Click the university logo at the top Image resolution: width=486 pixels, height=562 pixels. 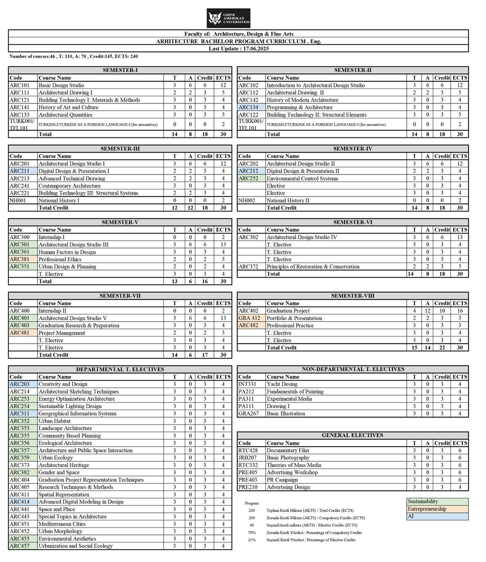228,18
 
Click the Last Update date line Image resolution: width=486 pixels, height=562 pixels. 238,48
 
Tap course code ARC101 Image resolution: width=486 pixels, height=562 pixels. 20,85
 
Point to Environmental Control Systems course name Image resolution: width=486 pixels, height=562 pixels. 302,179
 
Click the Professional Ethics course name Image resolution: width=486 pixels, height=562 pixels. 60,259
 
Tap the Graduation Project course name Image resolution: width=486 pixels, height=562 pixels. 288,311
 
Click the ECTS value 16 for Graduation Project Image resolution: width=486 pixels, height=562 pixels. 460,311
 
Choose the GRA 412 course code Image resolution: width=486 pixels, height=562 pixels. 249,318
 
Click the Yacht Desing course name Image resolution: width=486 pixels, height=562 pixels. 282,384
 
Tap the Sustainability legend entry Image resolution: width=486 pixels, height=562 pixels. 423,501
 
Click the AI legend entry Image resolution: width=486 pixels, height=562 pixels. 411,516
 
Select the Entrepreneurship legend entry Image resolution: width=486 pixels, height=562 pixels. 427,508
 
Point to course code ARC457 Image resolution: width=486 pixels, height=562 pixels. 20,546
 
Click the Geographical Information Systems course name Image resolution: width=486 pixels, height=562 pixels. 77,414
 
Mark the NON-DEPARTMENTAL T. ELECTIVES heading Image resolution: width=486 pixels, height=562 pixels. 353,369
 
